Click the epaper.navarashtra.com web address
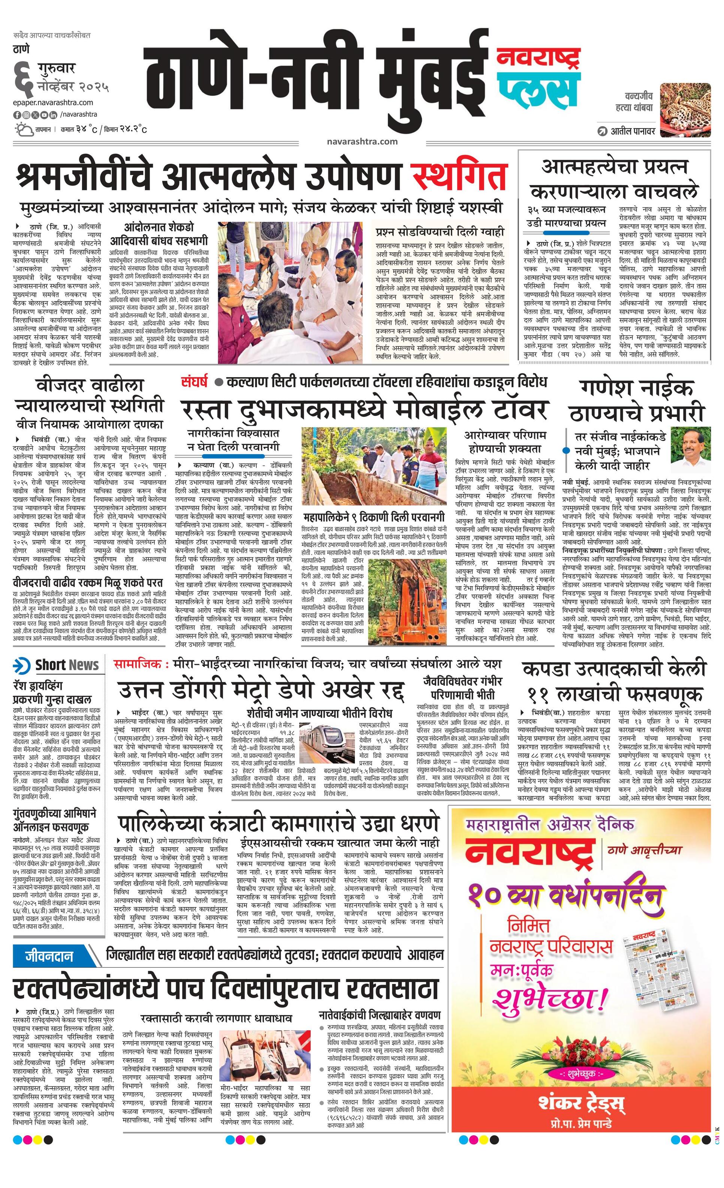(x=53, y=102)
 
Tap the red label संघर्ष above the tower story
(x=195, y=382)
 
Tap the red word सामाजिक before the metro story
(x=137, y=664)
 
